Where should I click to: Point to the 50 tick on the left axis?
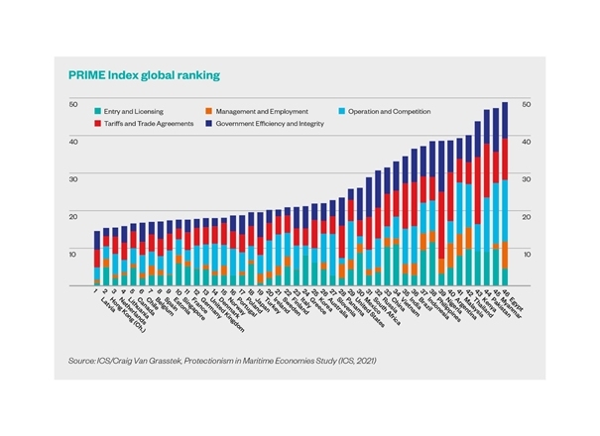[x=72, y=104]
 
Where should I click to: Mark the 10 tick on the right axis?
[x=527, y=255]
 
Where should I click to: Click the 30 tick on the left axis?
[x=72, y=179]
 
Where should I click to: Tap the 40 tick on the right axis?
[x=527, y=142]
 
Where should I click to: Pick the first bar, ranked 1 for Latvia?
[x=97, y=258]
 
